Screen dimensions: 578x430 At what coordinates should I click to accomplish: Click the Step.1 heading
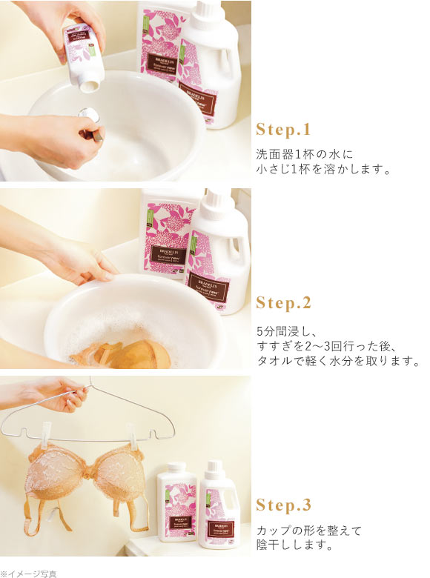[283, 130]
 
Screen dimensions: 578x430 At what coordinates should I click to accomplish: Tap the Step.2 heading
[283, 303]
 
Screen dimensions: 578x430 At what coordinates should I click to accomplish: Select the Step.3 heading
[283, 505]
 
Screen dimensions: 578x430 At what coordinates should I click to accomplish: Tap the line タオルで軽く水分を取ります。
[338, 362]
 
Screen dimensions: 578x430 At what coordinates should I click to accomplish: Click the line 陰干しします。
[293, 547]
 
